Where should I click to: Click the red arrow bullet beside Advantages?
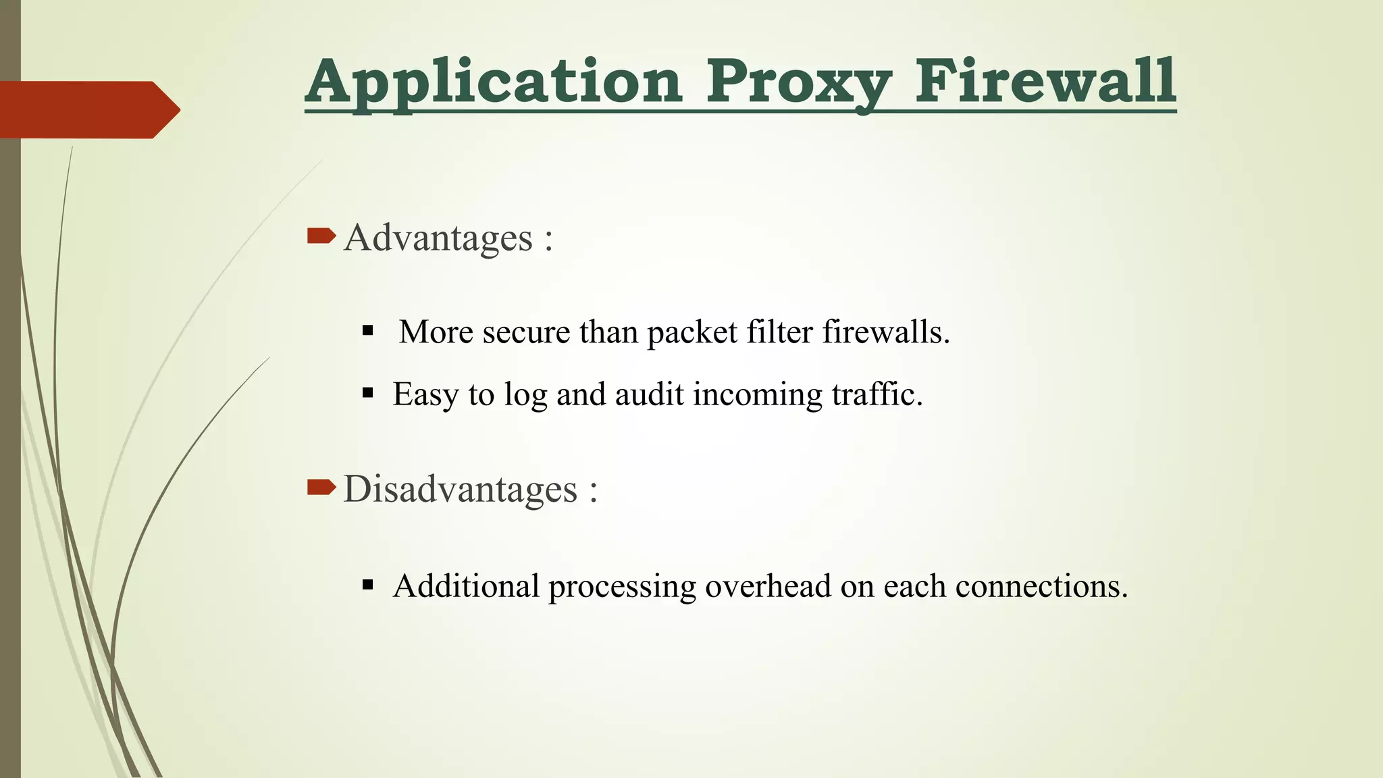(x=321, y=236)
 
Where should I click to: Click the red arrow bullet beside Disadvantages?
(x=321, y=487)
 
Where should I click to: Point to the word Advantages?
(x=438, y=238)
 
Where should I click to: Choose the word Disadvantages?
(x=461, y=490)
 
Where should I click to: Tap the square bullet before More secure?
(x=367, y=331)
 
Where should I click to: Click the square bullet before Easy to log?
(x=367, y=393)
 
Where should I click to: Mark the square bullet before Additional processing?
(x=367, y=585)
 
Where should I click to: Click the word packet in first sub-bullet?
(x=692, y=333)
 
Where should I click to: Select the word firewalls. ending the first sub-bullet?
(x=886, y=332)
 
